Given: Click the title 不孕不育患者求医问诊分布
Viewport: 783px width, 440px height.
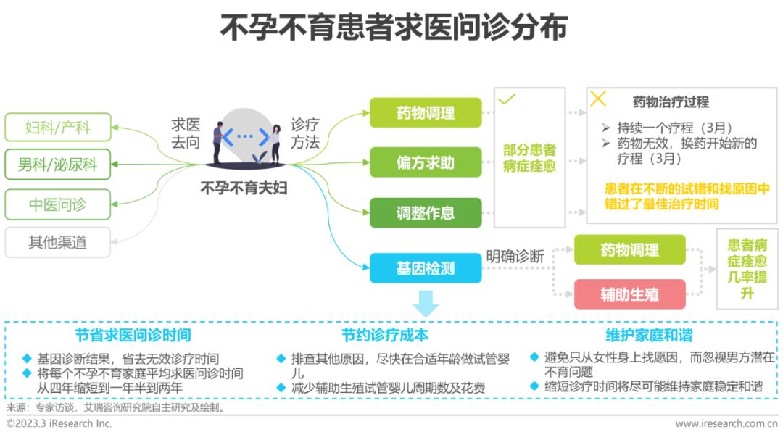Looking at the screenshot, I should (x=391, y=27).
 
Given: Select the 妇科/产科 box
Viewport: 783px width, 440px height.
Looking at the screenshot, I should (x=58, y=128).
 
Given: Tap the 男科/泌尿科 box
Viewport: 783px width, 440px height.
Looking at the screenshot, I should (x=58, y=165).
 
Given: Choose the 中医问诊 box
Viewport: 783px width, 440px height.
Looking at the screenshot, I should (x=58, y=204).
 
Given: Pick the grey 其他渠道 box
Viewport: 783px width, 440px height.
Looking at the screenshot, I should (x=58, y=242).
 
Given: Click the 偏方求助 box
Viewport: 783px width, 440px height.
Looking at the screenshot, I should (x=426, y=162).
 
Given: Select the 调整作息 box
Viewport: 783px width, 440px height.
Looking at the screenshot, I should (x=426, y=213).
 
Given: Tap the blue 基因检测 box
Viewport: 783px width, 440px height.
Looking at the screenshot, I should (x=426, y=268).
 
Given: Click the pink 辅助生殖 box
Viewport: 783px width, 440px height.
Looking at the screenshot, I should (x=629, y=294).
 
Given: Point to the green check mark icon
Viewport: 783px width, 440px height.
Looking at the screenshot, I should (x=507, y=99).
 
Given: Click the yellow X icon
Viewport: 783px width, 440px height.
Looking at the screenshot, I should (x=598, y=99).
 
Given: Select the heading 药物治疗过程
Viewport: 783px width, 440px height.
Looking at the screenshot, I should (x=671, y=102).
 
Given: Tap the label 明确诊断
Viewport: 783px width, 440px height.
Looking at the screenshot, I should (x=515, y=256).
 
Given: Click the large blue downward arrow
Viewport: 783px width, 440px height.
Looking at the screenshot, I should (x=426, y=303).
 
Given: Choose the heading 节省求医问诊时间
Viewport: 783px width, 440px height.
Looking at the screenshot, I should (x=133, y=335).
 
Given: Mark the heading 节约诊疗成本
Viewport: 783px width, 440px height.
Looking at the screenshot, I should (x=385, y=335).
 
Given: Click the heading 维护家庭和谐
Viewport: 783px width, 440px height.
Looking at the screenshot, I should (x=649, y=335).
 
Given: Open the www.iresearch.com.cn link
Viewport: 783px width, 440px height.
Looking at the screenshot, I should (x=726, y=423).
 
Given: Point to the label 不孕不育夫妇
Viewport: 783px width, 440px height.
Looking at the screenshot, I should (x=244, y=188).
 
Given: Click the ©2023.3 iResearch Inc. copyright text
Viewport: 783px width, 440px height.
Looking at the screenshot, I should (x=59, y=423).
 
